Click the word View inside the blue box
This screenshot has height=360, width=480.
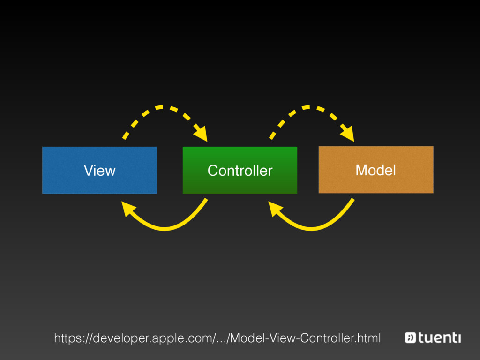pos(99,171)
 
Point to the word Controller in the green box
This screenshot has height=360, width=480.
pos(240,171)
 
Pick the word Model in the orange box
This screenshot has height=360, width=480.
pos(375,170)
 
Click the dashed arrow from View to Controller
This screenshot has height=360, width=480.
pos(159,108)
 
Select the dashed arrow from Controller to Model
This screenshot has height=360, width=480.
pos(306,108)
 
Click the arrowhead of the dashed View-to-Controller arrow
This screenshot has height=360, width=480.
pos(202,134)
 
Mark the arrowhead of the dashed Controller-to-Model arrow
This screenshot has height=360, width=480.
pos(348,134)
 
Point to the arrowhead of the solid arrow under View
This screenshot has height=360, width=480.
pos(127,208)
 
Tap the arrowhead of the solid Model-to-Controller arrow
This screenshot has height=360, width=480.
pos(275,208)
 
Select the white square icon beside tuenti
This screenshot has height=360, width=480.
pos(410,337)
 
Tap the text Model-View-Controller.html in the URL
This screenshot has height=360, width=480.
pos(306,338)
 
